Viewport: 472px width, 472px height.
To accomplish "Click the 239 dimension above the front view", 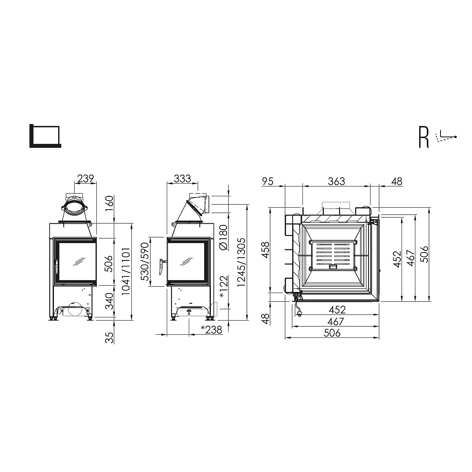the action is (x=85, y=179).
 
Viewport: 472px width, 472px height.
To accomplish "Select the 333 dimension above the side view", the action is (x=182, y=179).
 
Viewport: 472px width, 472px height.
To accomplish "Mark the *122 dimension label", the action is (x=224, y=287).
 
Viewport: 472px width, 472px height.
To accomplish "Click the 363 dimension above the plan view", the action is (x=337, y=181).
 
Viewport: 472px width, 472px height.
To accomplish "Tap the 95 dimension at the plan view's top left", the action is (x=268, y=181).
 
